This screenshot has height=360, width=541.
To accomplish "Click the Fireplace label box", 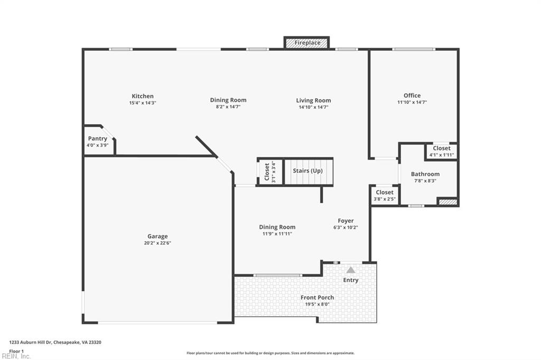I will click(x=307, y=43).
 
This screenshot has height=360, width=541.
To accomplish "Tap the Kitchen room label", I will click(x=143, y=96).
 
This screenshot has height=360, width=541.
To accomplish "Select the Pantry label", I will click(x=98, y=139).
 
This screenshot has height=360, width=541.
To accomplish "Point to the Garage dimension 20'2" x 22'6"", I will click(x=157, y=243).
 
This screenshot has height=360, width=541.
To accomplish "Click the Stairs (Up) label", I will click(x=307, y=171).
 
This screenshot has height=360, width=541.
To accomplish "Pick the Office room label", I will click(x=412, y=96).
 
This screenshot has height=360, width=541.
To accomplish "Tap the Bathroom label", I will click(x=425, y=174).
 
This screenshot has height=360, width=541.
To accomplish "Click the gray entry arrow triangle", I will click(x=351, y=270).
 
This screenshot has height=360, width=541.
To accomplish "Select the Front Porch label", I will click(x=318, y=298).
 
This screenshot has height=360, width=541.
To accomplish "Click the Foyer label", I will click(x=346, y=221).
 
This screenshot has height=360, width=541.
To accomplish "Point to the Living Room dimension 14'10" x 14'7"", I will click(x=313, y=107).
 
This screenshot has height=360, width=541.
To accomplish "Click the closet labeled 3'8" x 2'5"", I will click(x=385, y=195).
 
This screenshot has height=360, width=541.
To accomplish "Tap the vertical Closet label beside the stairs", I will click(x=267, y=172).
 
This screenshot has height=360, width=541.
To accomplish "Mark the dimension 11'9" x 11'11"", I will click(x=277, y=234).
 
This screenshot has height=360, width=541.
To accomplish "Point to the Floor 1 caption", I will click(x=16, y=350).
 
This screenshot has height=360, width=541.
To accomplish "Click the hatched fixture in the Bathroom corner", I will click(x=447, y=201).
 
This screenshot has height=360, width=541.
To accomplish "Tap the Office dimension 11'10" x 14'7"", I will click(x=412, y=102).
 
